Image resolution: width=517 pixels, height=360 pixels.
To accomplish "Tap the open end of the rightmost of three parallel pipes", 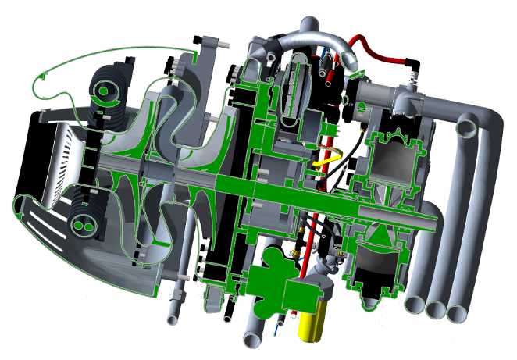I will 457,313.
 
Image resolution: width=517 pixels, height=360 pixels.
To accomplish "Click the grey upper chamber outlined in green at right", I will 395,165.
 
